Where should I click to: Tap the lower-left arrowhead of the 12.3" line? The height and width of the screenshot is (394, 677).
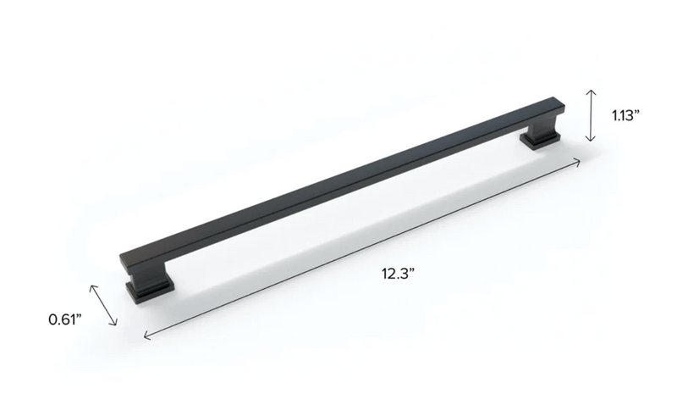point(146,337)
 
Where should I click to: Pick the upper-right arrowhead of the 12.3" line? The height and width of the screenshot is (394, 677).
point(580,159)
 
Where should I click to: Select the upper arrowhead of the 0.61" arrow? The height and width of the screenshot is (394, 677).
point(92,286)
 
